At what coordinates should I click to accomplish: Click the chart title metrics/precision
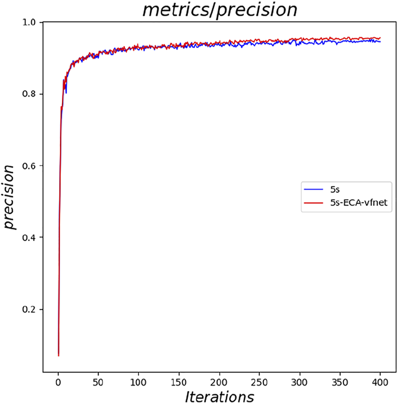[219, 10]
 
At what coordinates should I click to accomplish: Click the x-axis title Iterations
[219, 396]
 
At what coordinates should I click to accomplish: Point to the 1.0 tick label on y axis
[31, 22]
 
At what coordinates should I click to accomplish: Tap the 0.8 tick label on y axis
[31, 94]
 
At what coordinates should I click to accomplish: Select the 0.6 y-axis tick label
[31, 166]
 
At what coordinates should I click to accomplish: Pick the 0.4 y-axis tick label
[31, 238]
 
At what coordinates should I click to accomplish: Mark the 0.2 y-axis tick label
[31, 310]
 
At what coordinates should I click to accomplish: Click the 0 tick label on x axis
[58, 382]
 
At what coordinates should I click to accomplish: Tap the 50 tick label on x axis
[99, 382]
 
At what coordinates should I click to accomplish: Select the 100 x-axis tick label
[139, 382]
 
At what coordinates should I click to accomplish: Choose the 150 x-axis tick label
[179, 382]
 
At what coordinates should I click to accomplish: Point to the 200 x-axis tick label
[219, 382]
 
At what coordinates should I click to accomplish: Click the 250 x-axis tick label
[260, 382]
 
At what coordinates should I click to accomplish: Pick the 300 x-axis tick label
[300, 382]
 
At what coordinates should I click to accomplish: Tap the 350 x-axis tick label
[340, 382]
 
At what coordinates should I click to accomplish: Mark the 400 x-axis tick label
[380, 382]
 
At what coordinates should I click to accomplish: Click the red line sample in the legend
[314, 203]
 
